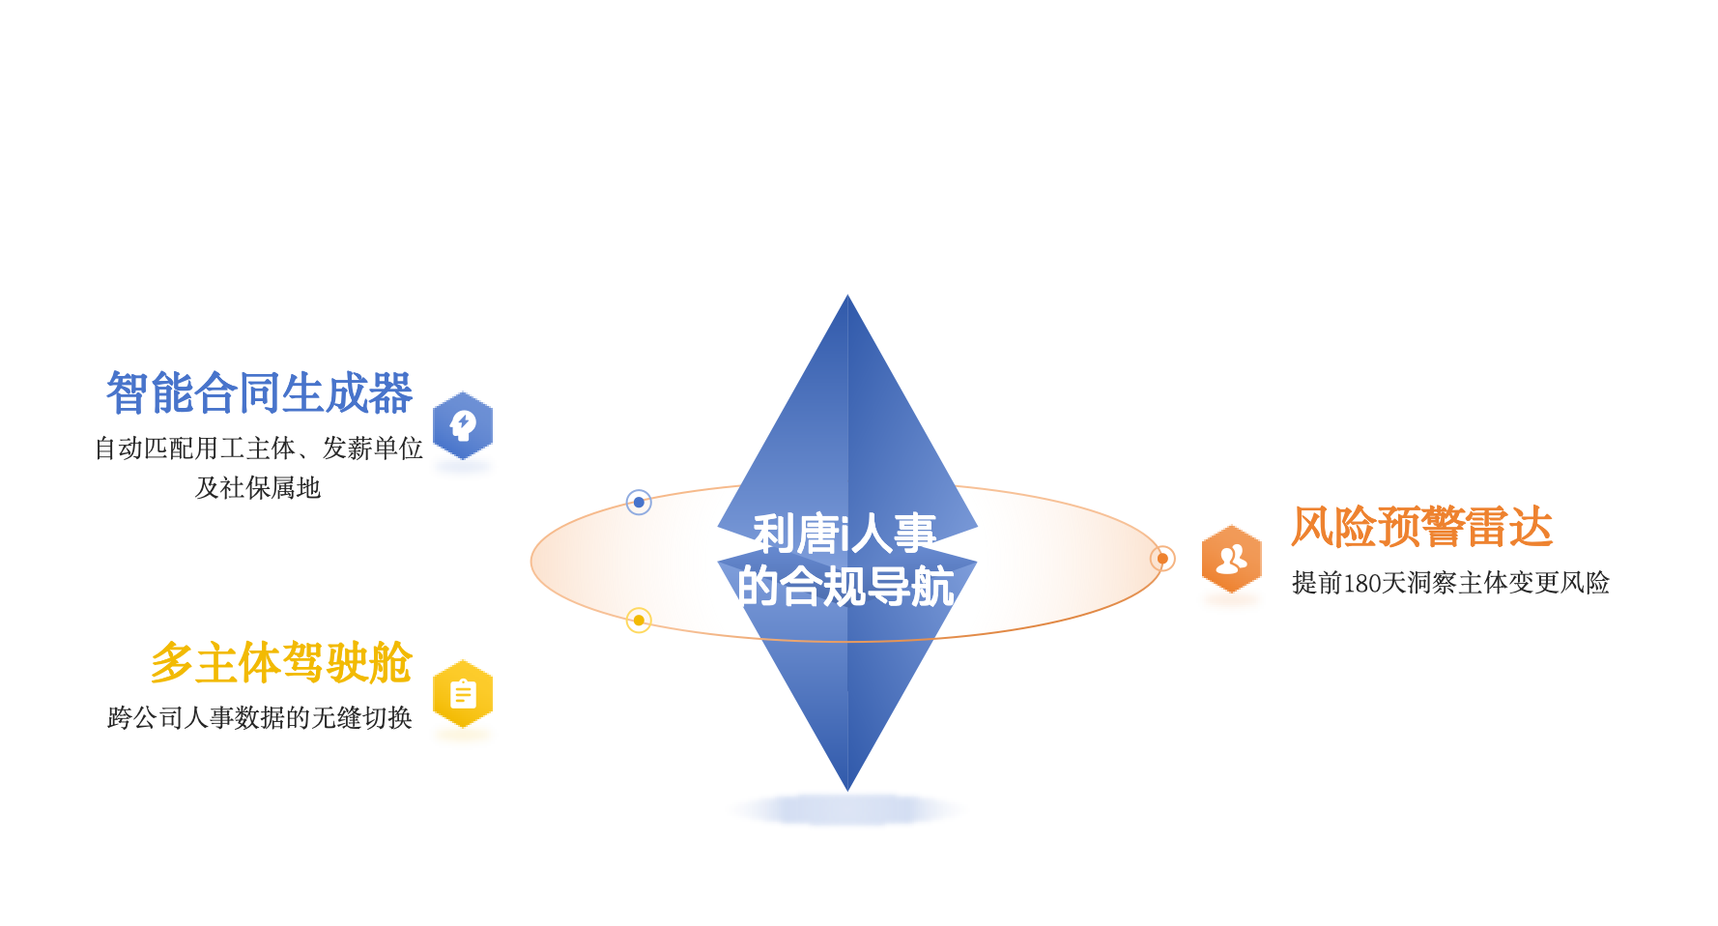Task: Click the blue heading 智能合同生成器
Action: (259, 393)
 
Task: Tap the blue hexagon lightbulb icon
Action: (463, 425)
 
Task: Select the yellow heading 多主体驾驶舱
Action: (281, 663)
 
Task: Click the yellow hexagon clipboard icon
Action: (463, 694)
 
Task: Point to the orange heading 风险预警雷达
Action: (1421, 528)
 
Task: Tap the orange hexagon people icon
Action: (1231, 559)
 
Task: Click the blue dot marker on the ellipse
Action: (639, 503)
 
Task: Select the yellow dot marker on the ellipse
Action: (639, 620)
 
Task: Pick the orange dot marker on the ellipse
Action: (1162, 559)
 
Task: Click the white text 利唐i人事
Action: (845, 534)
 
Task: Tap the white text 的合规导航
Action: (845, 587)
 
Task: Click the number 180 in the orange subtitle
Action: (1362, 583)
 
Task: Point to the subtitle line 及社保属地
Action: (258, 488)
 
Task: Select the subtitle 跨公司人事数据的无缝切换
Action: (259, 718)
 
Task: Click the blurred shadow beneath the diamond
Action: (847, 809)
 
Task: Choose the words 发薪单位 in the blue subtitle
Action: (372, 449)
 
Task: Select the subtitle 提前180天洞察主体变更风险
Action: (1450, 583)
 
